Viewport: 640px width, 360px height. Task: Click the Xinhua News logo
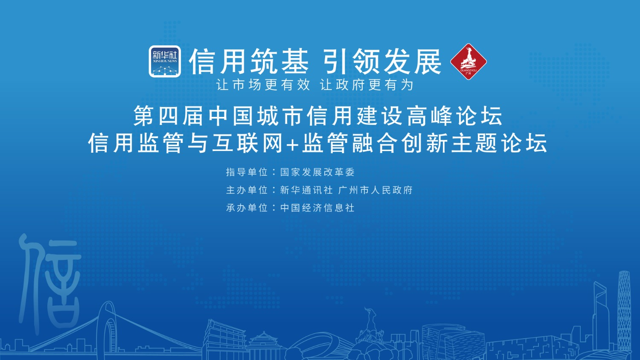click(x=165, y=61)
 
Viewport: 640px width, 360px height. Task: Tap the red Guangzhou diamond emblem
click(x=468, y=61)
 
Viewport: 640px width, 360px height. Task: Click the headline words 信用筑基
click(x=249, y=61)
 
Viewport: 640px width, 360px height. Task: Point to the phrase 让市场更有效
click(x=263, y=85)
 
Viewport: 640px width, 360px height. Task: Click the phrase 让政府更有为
click(x=367, y=85)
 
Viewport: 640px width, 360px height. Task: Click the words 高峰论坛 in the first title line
click(x=455, y=116)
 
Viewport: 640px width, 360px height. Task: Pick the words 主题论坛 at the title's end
click(x=500, y=142)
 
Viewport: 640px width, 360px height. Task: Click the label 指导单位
click(x=247, y=172)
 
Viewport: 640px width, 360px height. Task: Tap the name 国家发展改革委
click(x=317, y=172)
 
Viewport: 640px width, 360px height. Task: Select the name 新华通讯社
click(x=307, y=190)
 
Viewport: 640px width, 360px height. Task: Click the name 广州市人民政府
click(x=375, y=190)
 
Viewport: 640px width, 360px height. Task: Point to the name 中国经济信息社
click(x=317, y=208)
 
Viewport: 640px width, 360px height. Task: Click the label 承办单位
click(x=247, y=208)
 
